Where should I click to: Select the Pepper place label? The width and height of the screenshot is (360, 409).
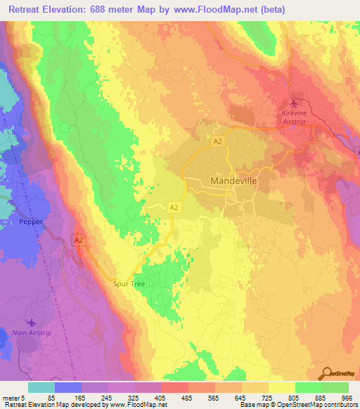point(32,221)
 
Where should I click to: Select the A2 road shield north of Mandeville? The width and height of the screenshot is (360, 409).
point(219,141)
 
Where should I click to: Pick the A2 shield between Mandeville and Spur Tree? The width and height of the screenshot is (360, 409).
point(174,207)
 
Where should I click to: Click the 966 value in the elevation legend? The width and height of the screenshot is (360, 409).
point(345,397)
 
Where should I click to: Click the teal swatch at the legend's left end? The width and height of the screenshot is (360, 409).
point(41,387)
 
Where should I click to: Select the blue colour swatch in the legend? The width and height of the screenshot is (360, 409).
point(67,387)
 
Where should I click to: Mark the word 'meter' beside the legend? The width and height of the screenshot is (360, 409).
point(11,397)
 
